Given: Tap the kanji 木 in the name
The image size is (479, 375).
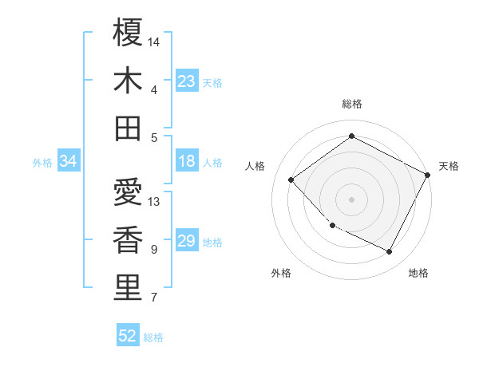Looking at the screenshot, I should click(128, 81).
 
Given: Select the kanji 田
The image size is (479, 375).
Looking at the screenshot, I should click(128, 128).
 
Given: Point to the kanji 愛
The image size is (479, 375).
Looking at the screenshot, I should click(128, 192).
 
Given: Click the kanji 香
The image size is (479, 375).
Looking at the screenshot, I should click(128, 240).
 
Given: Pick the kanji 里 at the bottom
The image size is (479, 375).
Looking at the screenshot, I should click(128, 288).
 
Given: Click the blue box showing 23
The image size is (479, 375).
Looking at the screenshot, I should click(187, 81).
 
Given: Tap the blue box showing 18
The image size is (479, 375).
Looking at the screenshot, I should click(187, 161).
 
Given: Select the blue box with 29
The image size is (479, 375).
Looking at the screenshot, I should click(187, 241).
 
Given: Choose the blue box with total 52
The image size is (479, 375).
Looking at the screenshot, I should click(128, 336).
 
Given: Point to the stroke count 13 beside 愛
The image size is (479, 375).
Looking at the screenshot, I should click(154, 201).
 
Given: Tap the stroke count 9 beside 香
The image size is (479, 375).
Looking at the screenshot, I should click(153, 250).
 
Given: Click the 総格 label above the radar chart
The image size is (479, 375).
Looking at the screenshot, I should click(352, 104).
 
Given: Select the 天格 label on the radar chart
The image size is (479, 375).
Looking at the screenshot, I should click(449, 166).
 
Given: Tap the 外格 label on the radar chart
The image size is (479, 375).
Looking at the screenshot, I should click(281, 273).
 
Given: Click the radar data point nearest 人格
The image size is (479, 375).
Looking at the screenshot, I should click(291, 180).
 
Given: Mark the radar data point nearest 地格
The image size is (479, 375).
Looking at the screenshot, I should click(390, 252).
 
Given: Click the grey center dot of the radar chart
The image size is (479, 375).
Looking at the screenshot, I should click(351, 199).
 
